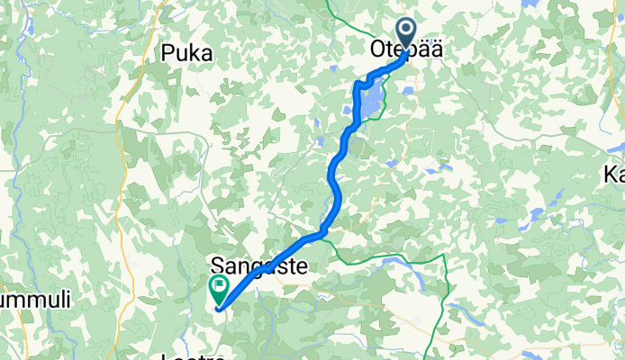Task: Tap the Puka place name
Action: (x=187, y=54)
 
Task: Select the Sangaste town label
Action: (x=258, y=266)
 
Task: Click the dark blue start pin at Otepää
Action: (x=406, y=34)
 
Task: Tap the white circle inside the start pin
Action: (x=406, y=31)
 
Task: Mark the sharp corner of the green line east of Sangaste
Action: (x=445, y=256)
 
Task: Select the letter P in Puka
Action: (x=168, y=54)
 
